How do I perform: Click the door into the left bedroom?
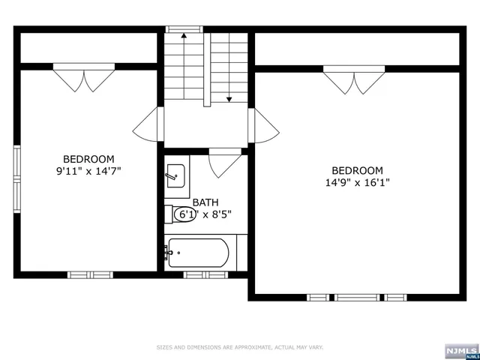[x=148, y=124]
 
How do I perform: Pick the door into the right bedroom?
[x=264, y=124]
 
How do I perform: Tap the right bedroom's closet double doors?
[x=354, y=80]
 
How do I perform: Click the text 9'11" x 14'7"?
[x=88, y=171]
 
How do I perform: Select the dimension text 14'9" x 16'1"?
[x=358, y=182]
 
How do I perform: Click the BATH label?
[x=205, y=202]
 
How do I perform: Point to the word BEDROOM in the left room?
[x=88, y=159]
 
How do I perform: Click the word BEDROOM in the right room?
[x=358, y=170]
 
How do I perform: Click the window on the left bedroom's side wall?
[x=16, y=179]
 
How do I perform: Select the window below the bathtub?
[x=205, y=274]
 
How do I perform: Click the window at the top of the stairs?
[x=184, y=29]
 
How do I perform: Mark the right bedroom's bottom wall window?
[x=357, y=298]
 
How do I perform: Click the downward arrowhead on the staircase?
[x=229, y=99]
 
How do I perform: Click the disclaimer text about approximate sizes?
[x=240, y=347]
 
